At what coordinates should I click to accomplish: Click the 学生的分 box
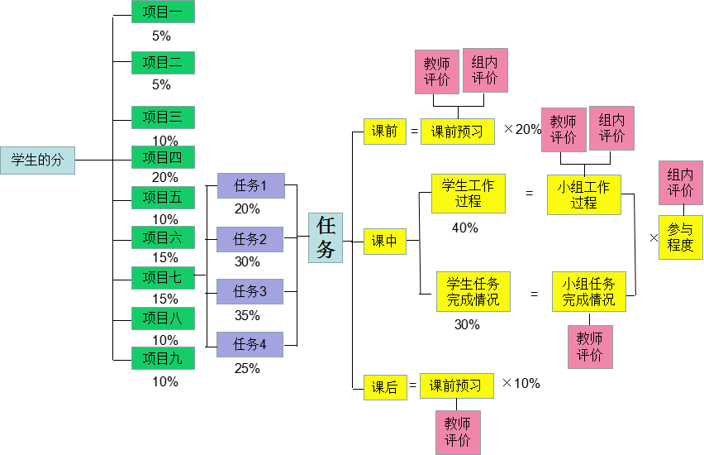pyautogui.click(x=37, y=160)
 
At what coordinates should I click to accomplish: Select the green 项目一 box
pyautogui.click(x=163, y=12)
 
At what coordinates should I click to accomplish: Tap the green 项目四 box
pyautogui.click(x=163, y=157)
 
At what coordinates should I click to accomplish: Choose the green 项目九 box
pyautogui.click(x=163, y=359)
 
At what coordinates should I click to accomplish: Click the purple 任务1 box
pyautogui.click(x=250, y=185)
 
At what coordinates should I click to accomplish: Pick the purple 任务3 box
pyautogui.click(x=250, y=291)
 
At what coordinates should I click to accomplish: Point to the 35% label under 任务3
pyautogui.click(x=247, y=315)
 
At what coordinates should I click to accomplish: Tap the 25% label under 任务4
pyautogui.click(x=247, y=368)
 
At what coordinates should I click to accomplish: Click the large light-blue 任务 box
pyautogui.click(x=326, y=237)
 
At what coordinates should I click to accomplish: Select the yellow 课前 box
pyautogui.click(x=384, y=131)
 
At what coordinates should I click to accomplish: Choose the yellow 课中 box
pyautogui.click(x=384, y=242)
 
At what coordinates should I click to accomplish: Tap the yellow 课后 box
pyautogui.click(x=384, y=386)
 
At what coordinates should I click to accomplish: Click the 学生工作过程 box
pyautogui.click(x=468, y=194)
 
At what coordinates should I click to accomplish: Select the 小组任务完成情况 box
pyautogui.click(x=589, y=292)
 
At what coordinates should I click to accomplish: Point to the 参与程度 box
pyautogui.click(x=680, y=237)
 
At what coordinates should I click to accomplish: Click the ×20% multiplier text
pyautogui.click(x=522, y=130)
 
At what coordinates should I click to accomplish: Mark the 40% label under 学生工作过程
pyautogui.click(x=465, y=227)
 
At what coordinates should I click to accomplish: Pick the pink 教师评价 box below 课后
pyautogui.click(x=458, y=432)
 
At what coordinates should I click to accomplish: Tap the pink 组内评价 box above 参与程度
pyautogui.click(x=680, y=183)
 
